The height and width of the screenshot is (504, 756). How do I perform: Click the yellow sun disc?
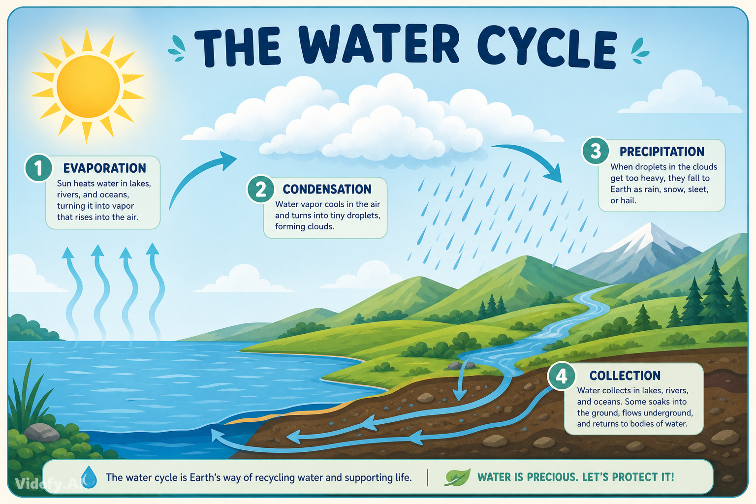tap(88, 87)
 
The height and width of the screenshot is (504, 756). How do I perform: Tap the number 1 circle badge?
tap(38, 168)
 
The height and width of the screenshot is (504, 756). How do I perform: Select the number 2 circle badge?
tap(260, 189)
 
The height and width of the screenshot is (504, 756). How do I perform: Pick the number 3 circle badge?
tap(596, 151)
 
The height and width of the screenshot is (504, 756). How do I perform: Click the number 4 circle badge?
tap(562, 376)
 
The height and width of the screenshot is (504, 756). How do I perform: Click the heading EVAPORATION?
tap(105, 168)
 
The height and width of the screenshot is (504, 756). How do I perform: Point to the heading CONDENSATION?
tap(327, 189)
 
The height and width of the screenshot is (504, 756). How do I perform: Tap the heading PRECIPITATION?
tap(662, 152)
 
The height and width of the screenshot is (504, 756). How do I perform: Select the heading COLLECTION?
tap(625, 376)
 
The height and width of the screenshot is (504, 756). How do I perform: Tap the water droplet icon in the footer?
tap(89, 477)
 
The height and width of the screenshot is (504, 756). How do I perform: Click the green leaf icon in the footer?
tap(457, 477)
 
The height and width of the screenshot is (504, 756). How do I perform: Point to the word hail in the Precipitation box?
tap(628, 200)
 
